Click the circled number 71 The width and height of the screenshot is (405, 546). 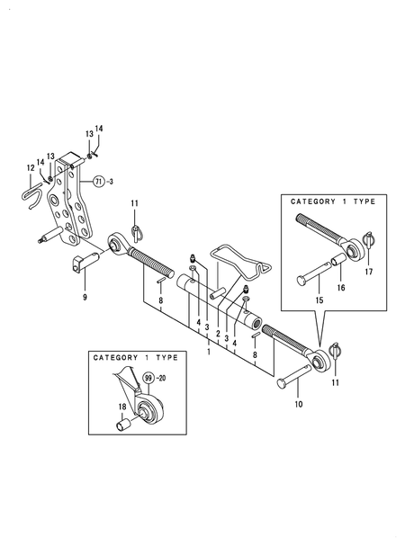click(x=99, y=182)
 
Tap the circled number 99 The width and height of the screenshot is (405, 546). click(x=148, y=378)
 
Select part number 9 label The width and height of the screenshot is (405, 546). click(x=85, y=297)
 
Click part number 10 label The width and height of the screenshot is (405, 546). click(x=299, y=404)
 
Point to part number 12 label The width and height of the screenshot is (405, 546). click(x=31, y=168)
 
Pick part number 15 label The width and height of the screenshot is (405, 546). click(x=319, y=300)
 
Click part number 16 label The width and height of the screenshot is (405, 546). click(x=341, y=288)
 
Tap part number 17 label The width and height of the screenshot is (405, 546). click(x=369, y=272)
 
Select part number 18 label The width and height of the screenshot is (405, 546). click(x=122, y=407)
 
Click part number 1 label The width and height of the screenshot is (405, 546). click(x=209, y=352)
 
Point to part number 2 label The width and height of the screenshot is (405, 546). click(x=218, y=334)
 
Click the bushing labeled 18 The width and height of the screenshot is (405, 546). click(x=123, y=425)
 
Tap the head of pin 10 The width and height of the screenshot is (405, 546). click(x=282, y=384)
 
